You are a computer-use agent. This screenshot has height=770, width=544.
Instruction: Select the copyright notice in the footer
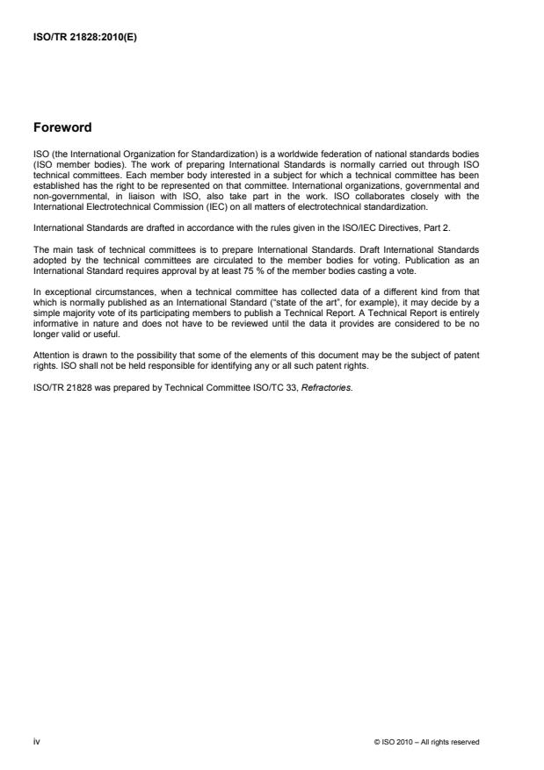(x=426, y=743)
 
